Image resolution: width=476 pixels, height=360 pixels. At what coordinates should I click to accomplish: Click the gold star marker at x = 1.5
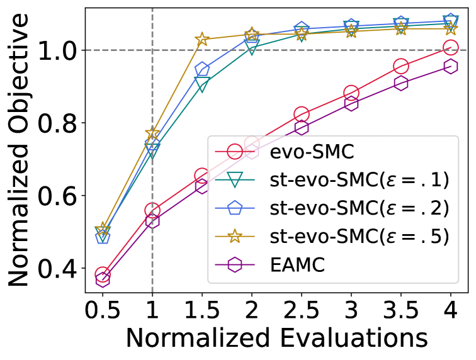pos(202,40)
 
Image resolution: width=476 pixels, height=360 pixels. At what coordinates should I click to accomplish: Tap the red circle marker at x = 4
pos(450,47)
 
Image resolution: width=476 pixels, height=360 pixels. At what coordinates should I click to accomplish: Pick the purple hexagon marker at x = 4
pos(450,66)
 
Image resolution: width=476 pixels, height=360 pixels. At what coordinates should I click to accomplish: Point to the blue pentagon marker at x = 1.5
pos(202,69)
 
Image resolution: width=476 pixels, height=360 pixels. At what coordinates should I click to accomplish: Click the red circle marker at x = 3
pos(351,93)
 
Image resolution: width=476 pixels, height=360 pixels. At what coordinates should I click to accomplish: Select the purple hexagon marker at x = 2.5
pos(301,128)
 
